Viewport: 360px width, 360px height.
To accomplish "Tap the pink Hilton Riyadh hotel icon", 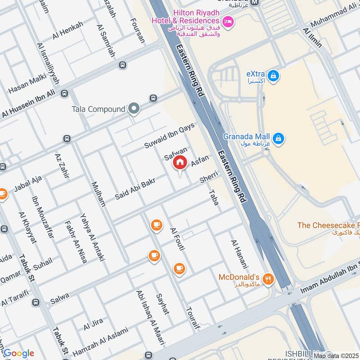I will pyautogui.click(x=228, y=21).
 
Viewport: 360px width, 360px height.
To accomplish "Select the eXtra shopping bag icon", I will pyautogui.click(x=273, y=77).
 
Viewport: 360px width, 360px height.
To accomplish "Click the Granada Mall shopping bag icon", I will pyautogui.click(x=279, y=137).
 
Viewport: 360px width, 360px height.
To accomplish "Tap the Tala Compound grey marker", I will pyautogui.click(x=134, y=109).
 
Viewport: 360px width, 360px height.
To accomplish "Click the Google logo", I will pyautogui.click(x=18, y=353).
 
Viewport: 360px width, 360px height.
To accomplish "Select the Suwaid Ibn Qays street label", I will pyautogui.click(x=169, y=136).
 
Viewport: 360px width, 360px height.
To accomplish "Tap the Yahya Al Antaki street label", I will pyautogui.click(x=92, y=237).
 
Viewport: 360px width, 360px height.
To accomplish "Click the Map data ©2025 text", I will pyautogui.click(x=336, y=355).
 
